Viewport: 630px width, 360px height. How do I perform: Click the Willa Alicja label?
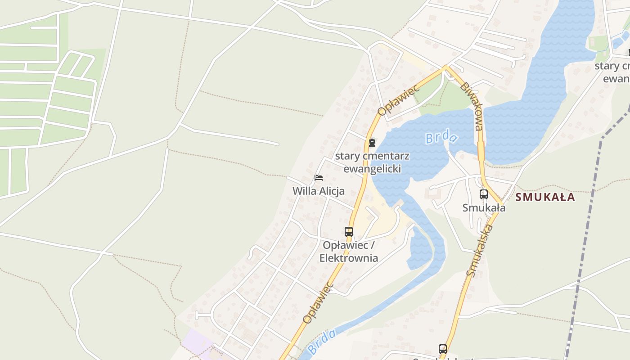(x=319, y=191)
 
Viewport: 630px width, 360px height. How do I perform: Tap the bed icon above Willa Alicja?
(x=319, y=178)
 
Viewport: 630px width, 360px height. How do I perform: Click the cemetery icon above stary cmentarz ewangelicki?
(x=372, y=143)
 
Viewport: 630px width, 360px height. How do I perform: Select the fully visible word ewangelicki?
(x=372, y=169)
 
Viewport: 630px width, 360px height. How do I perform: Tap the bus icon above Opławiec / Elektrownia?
(x=349, y=232)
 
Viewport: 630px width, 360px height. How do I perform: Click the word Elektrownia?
(x=349, y=258)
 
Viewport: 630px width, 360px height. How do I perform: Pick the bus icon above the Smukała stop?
(x=484, y=194)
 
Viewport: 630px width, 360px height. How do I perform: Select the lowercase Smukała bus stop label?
(x=484, y=207)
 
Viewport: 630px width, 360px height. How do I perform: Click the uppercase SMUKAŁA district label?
(x=545, y=197)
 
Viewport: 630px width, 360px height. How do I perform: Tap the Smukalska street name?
(x=480, y=250)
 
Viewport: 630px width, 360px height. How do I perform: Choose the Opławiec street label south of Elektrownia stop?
(x=318, y=302)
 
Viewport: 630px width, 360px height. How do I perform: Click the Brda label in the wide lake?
(x=441, y=137)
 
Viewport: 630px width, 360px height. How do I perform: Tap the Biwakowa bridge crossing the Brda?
(x=481, y=151)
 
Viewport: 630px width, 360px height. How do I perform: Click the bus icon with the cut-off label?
(x=443, y=349)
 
